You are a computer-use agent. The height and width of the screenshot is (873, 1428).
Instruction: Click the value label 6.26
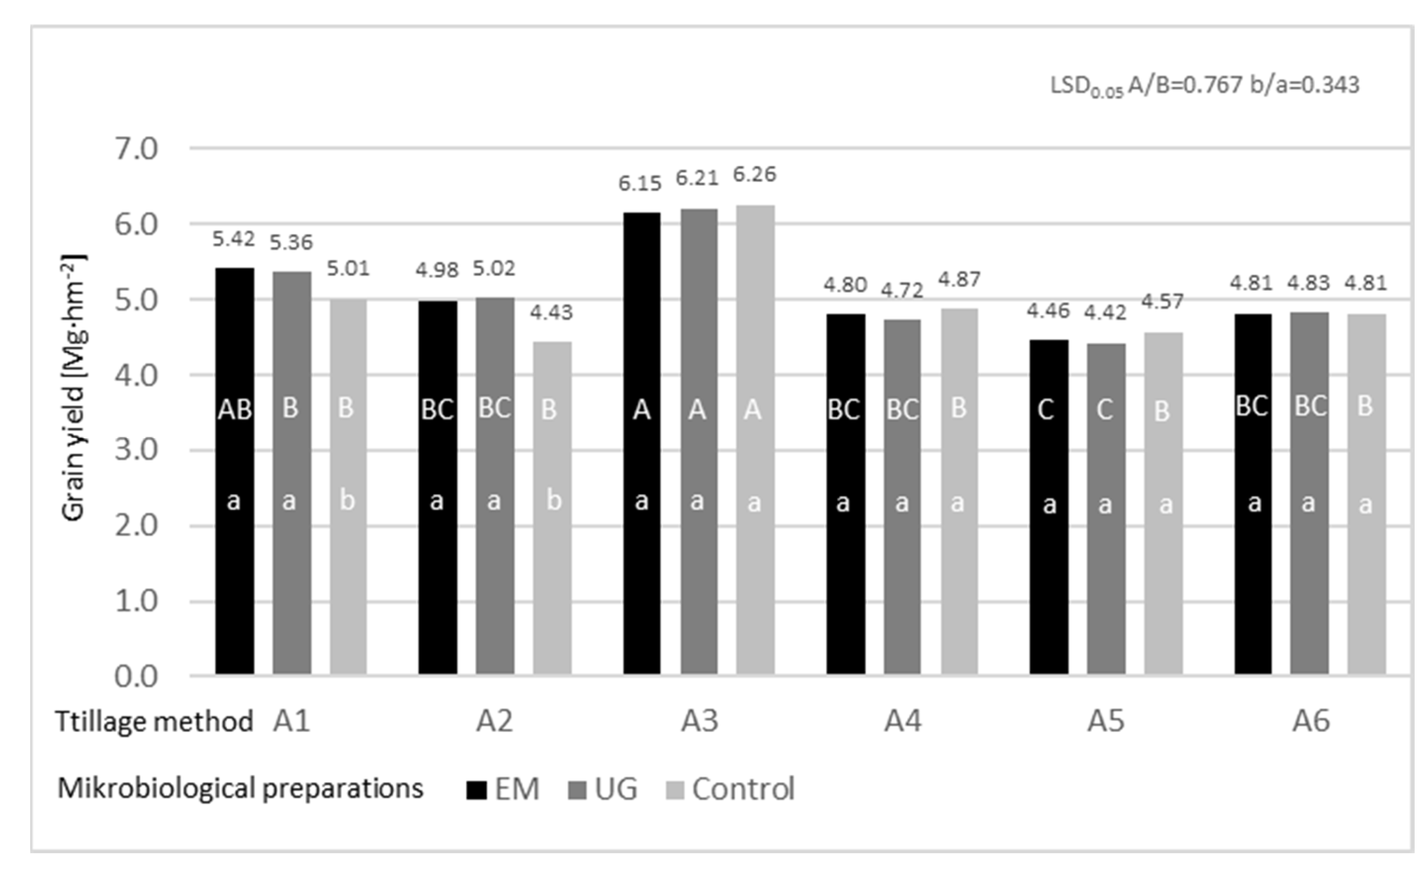click(x=754, y=175)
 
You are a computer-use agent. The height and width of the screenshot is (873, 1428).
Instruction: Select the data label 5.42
click(x=233, y=239)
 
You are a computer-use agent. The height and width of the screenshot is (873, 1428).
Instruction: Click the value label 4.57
click(x=1162, y=302)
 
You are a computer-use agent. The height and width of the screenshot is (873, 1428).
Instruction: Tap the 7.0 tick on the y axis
click(x=136, y=150)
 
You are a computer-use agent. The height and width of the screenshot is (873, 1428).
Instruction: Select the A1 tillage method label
click(x=291, y=721)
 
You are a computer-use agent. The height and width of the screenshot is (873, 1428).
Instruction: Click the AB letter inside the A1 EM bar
click(x=235, y=410)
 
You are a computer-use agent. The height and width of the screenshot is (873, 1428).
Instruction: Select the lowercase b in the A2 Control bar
click(x=554, y=500)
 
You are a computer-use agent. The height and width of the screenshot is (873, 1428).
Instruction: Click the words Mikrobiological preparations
click(x=240, y=788)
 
